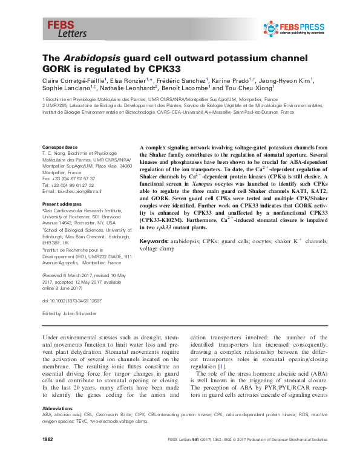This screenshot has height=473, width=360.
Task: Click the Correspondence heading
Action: pos(59,148)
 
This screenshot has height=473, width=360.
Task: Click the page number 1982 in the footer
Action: pos(48,454)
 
